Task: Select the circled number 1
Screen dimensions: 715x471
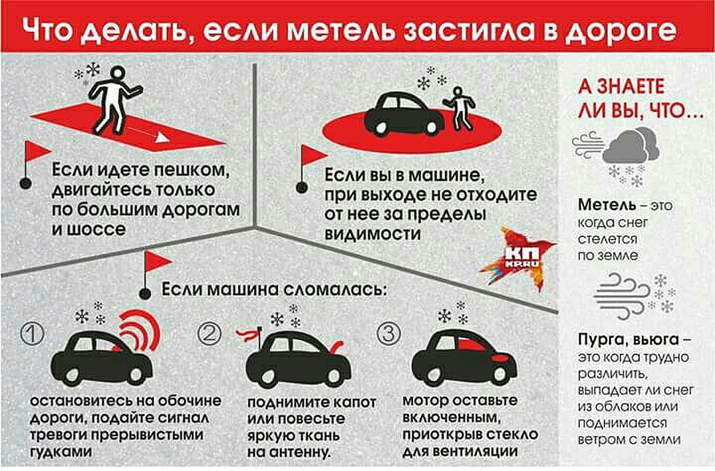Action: click(33, 334)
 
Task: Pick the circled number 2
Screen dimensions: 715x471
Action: click(209, 334)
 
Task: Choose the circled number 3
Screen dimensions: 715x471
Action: click(389, 334)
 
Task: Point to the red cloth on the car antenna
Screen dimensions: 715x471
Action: click(248, 335)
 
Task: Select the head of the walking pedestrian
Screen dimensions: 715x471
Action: click(118, 74)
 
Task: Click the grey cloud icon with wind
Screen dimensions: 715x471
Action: click(616, 146)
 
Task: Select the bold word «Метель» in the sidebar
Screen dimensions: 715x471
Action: click(607, 205)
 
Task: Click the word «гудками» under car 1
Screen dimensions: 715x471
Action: click(61, 452)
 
